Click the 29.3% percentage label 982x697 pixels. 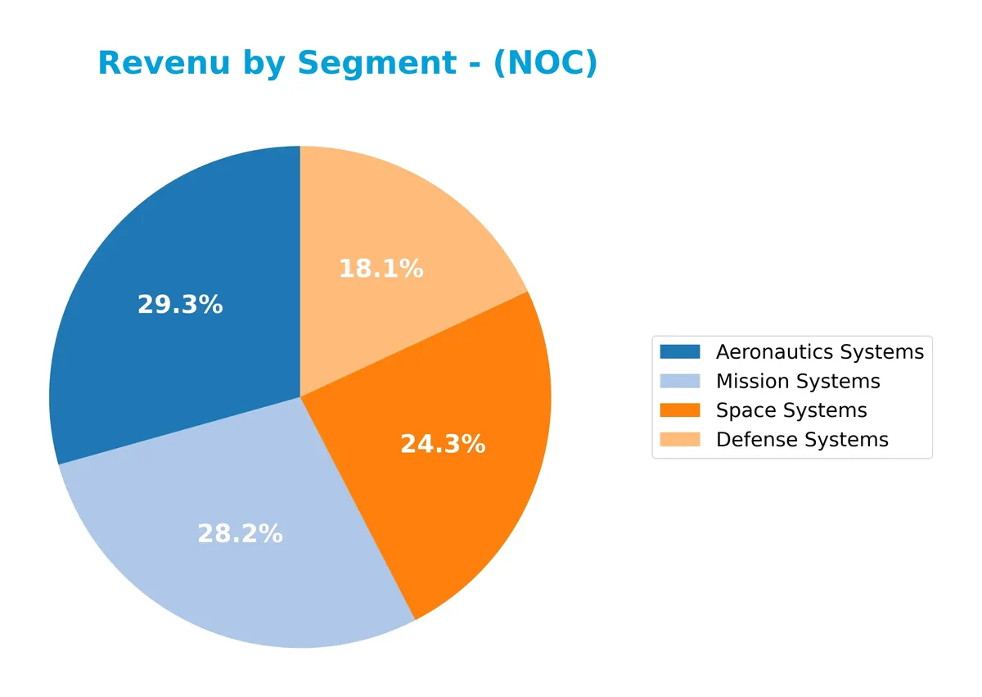[x=180, y=305]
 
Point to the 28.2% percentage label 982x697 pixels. [x=240, y=534]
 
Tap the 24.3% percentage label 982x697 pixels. [x=443, y=444]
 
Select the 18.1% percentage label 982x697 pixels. [x=381, y=268]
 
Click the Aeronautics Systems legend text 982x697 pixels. [x=819, y=352]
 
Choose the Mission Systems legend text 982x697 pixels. [x=798, y=382]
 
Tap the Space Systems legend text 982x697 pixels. [x=791, y=410]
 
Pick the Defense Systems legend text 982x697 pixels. [x=802, y=440]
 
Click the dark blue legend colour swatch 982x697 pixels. [x=680, y=351]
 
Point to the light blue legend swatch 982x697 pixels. [x=680, y=381]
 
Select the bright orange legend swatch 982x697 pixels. [x=680, y=410]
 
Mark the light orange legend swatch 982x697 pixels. [x=680, y=440]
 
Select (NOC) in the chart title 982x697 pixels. [x=545, y=63]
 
